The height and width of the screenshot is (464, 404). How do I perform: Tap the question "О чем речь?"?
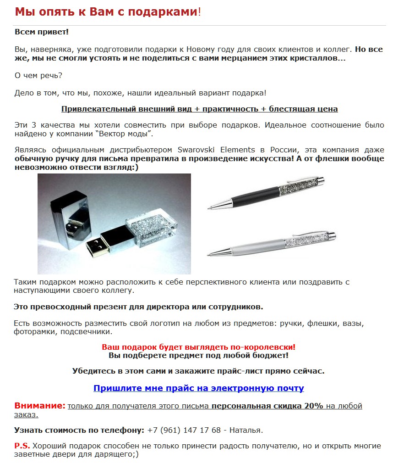coord(38,75)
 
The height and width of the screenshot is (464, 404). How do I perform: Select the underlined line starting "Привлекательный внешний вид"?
coord(199,109)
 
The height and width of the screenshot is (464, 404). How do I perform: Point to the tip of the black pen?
coord(210,208)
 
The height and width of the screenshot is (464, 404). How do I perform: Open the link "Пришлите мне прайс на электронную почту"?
coord(198,388)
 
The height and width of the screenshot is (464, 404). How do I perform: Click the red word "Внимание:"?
coord(40,406)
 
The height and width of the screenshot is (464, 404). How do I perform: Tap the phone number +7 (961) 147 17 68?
coord(184,430)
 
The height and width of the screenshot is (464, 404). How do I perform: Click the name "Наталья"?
coord(246,430)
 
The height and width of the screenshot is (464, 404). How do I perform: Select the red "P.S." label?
coord(22,446)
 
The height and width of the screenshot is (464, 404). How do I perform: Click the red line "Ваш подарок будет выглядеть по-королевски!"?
coord(198,347)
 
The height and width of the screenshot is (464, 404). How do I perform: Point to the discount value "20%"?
coord(313,406)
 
